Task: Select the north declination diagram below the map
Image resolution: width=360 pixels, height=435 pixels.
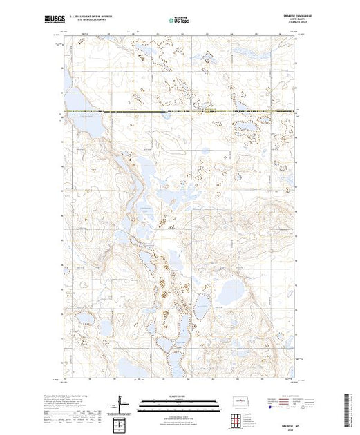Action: (x=120, y=403)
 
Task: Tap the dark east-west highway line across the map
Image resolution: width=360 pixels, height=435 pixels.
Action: (x=180, y=111)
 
